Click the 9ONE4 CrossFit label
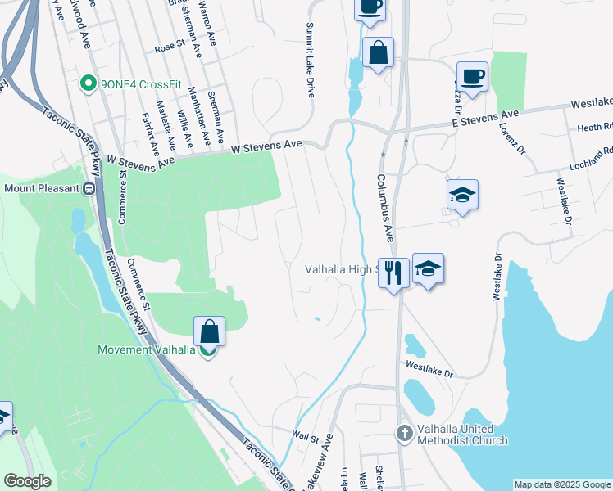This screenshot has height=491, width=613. click(x=136, y=83)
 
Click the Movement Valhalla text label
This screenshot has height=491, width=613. click(x=146, y=349)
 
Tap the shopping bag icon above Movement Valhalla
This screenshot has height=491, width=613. click(x=210, y=332)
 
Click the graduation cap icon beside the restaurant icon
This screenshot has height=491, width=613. click(x=428, y=270)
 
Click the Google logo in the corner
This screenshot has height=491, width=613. click(x=27, y=480)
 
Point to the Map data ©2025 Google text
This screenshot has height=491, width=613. click(x=562, y=484)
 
